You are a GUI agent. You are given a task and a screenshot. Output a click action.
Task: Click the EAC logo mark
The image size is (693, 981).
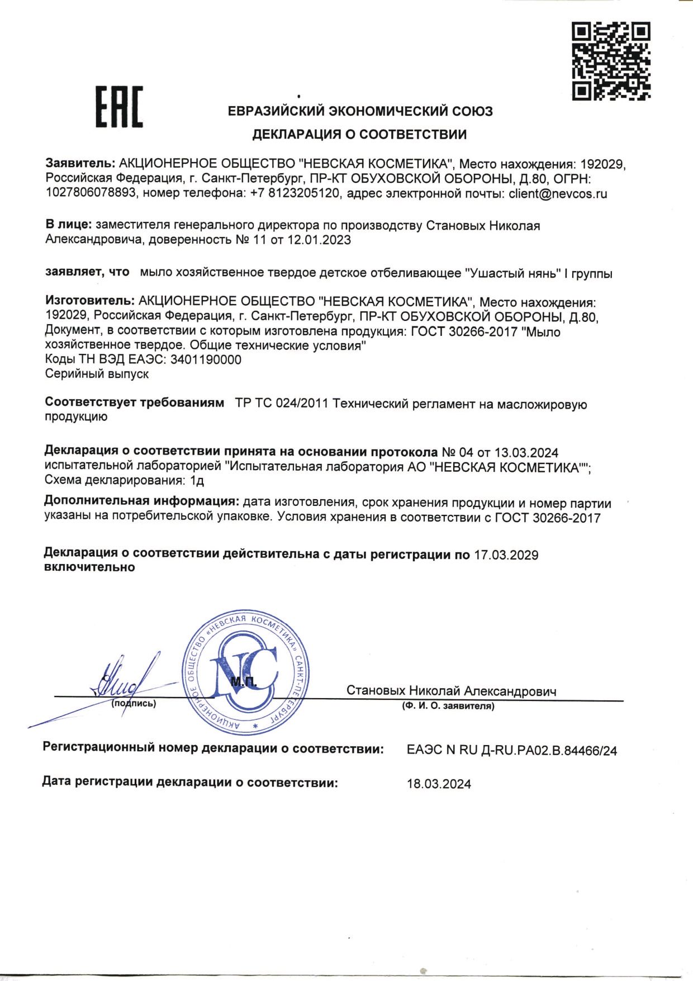click(x=119, y=107)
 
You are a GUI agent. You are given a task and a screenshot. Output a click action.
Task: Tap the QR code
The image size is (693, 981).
click(x=610, y=61)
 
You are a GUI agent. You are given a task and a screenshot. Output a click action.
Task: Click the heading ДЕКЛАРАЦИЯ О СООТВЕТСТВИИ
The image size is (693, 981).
click(x=359, y=134)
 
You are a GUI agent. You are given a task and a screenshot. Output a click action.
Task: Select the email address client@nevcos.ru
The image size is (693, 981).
click(x=557, y=194)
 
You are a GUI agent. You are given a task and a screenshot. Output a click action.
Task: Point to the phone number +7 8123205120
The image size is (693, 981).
click(x=294, y=194)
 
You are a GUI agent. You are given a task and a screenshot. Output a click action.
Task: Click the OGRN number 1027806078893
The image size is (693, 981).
click(x=91, y=194)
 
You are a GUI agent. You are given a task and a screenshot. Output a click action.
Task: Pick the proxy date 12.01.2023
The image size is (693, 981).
click(x=319, y=240)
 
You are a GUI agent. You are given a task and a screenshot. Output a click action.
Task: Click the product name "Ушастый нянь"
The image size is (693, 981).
click(x=512, y=273)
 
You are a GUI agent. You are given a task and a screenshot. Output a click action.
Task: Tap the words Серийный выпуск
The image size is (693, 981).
click(x=97, y=374)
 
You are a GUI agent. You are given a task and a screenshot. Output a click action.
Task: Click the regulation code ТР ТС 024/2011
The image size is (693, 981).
click(x=282, y=404)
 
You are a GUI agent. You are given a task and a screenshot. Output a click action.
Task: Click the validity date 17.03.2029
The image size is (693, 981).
click(x=506, y=555)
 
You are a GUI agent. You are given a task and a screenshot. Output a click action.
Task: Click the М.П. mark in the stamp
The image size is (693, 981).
click(x=244, y=681)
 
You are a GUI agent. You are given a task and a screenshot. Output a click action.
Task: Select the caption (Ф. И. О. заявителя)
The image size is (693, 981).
click(x=448, y=706)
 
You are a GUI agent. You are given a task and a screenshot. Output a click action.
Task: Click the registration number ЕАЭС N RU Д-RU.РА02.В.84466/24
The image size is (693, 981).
click(x=511, y=751)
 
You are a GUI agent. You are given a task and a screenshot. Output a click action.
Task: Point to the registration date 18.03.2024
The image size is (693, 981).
click(x=439, y=784)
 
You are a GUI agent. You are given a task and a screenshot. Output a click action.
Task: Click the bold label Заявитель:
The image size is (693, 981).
click(x=80, y=164)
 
